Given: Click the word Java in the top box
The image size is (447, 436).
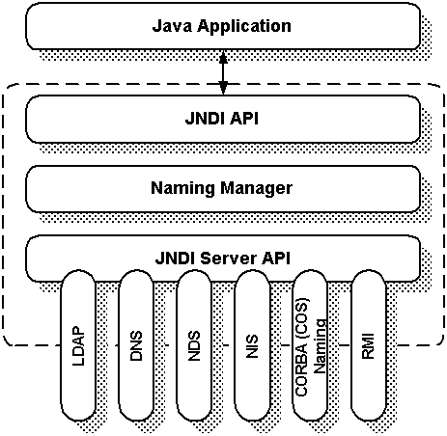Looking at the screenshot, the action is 173,26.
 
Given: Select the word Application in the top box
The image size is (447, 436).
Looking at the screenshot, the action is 244,26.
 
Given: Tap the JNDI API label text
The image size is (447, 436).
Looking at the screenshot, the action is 222,119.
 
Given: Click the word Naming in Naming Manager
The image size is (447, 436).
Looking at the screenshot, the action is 182,188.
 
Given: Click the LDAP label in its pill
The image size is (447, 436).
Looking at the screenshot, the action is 78,346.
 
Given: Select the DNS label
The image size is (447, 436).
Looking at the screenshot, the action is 136,345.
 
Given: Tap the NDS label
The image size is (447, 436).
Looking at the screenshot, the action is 194,345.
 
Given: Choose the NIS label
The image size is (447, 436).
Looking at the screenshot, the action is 252,346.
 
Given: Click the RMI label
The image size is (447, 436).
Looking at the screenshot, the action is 368,346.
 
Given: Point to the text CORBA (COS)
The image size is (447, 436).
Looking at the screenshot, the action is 302,347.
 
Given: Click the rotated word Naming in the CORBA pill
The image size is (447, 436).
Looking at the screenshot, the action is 321,346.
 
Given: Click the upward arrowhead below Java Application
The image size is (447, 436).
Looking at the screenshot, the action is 223,57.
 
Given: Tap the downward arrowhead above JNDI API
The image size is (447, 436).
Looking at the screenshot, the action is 223,88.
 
